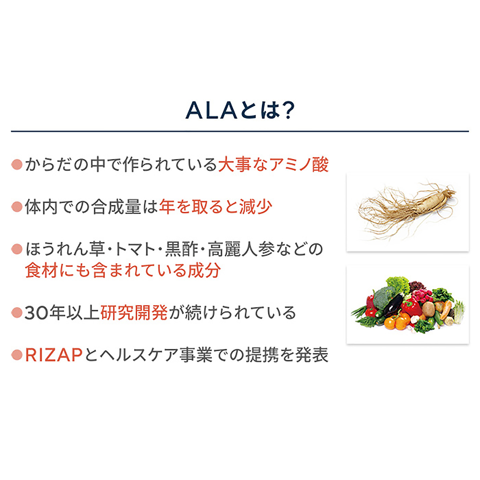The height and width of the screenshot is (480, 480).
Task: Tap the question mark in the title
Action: [x=288, y=110]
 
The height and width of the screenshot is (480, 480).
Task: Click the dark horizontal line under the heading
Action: [x=240, y=131]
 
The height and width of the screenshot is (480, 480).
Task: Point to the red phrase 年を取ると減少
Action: [x=216, y=207]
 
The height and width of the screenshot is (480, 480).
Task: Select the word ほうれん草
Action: [x=65, y=249]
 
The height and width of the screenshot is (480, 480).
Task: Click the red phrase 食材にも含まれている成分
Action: [x=123, y=270]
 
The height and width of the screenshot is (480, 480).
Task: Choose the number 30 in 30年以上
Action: [x=37, y=313]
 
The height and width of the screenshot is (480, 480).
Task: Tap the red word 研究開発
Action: [x=134, y=313]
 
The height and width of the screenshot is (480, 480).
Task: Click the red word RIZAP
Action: [x=54, y=355]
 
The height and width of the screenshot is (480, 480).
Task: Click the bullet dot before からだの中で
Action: [x=17, y=164]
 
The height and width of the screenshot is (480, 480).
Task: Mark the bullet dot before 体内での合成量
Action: [x=17, y=207]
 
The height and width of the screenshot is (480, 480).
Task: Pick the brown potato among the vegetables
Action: [x=428, y=309]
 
